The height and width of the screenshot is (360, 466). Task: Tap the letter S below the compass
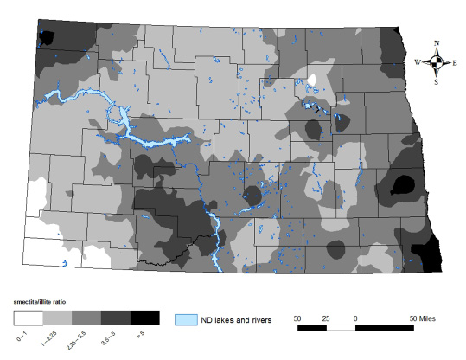[x=437, y=81]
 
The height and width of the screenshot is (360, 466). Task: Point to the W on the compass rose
[x=418, y=62]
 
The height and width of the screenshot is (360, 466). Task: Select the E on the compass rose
[x=455, y=62]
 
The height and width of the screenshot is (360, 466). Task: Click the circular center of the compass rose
[x=437, y=61]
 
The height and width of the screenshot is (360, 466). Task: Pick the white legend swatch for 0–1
[x=27, y=314]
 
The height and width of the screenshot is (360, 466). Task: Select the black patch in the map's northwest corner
[x=46, y=37]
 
